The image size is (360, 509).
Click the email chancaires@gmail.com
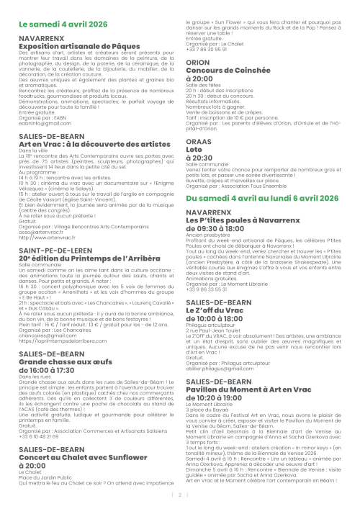46,335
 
